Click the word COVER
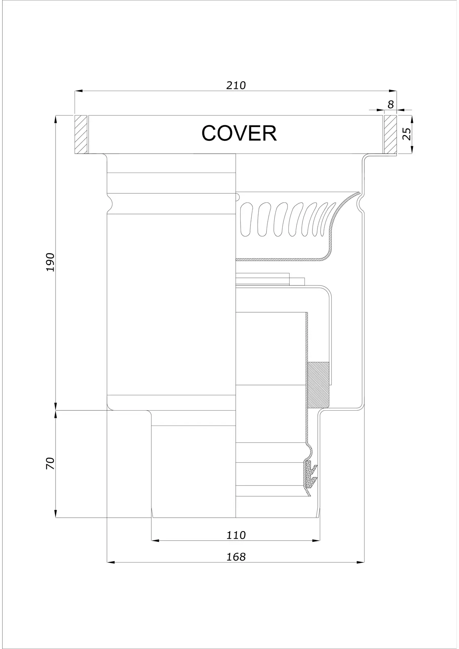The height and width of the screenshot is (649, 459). (239, 133)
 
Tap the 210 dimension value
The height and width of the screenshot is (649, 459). (236, 85)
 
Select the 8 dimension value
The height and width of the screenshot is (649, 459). (391, 104)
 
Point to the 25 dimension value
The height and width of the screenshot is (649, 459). (407, 134)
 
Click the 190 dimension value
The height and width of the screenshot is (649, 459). (50, 262)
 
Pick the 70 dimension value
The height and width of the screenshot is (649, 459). (50, 463)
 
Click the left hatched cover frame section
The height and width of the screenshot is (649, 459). (81, 134)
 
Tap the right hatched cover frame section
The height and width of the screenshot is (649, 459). (390, 134)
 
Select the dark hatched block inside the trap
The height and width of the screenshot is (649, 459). (318, 385)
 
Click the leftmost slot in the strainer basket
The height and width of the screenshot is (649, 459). (246, 219)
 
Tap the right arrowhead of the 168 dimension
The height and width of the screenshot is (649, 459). (360, 563)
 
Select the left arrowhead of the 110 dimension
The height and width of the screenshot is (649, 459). (156, 540)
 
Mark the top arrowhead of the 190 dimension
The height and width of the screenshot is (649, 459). (55, 119)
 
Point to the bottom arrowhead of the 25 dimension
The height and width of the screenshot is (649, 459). (412, 150)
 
